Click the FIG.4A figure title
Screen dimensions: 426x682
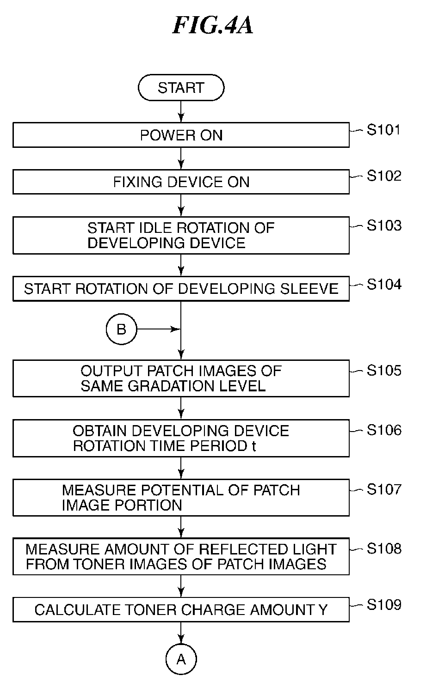point(213,25)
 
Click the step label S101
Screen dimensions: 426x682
point(383,130)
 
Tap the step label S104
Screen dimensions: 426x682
point(384,284)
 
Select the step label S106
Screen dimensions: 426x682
point(384,430)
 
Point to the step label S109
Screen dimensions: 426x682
point(384,605)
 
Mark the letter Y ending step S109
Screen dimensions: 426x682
point(323,610)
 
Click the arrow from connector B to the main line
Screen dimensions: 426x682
point(159,329)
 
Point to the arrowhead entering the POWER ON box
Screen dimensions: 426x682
point(181,118)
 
